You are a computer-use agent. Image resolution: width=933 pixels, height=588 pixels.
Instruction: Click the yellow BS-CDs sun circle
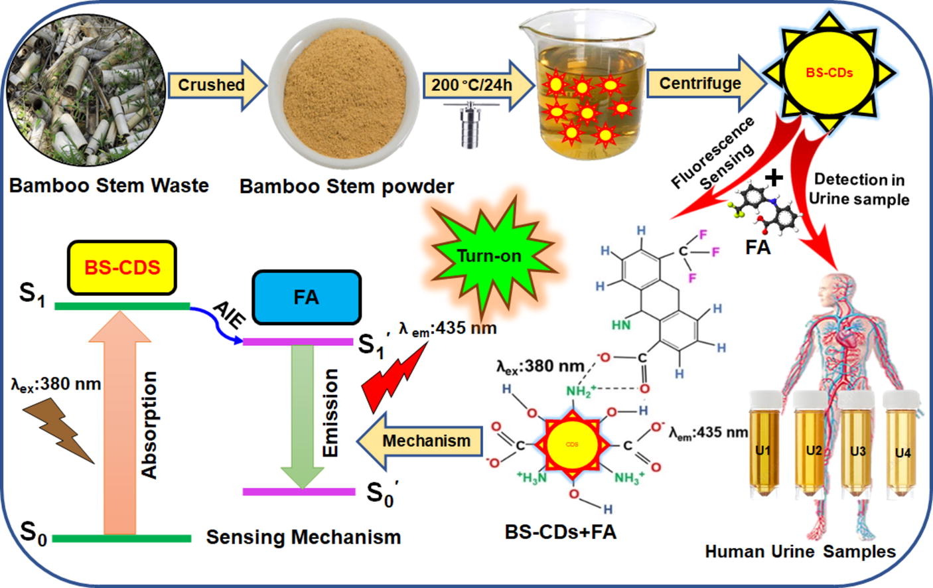coord(829,73)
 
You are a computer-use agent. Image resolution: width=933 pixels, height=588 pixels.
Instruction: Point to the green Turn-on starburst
coord(488,256)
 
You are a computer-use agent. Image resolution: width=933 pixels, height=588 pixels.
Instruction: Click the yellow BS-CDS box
coord(122,267)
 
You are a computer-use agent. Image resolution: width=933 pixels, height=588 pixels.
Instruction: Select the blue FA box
coord(307,297)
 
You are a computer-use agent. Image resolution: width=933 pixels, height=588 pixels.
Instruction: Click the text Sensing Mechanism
coord(303,537)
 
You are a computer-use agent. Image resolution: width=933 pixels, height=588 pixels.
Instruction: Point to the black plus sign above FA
coord(773,177)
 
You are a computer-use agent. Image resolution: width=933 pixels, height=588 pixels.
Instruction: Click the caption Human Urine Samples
coord(800,551)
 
